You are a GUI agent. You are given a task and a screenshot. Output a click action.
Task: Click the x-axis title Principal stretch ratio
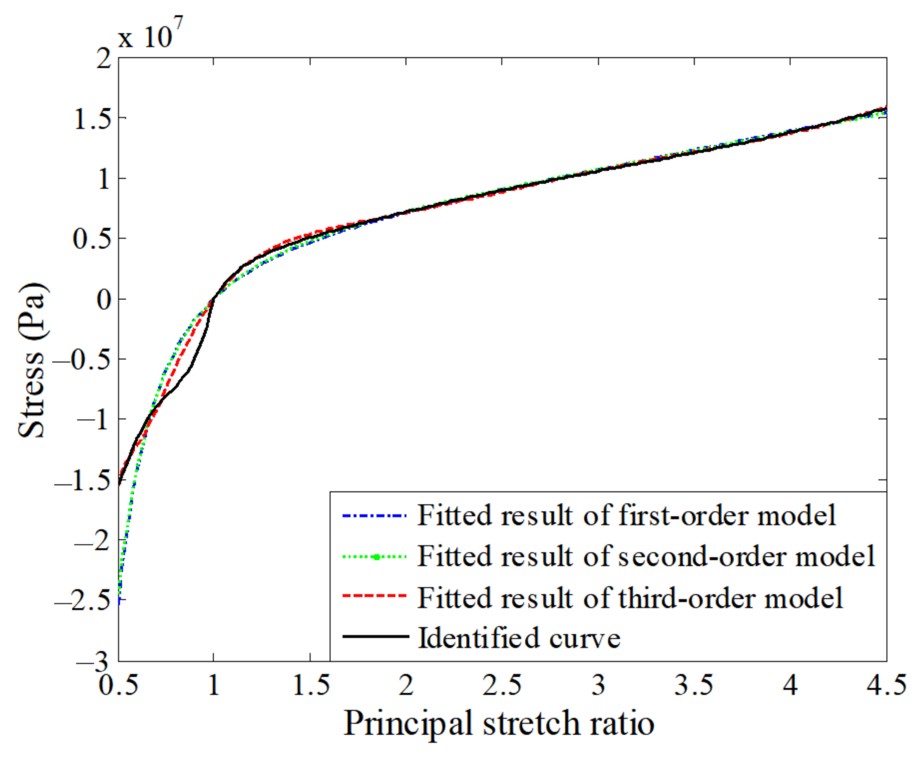[499, 723]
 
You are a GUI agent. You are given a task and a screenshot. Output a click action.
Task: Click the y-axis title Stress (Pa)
[32, 360]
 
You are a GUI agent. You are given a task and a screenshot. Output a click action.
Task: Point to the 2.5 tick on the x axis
[502, 685]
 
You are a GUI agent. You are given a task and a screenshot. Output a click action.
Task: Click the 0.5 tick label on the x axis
[119, 685]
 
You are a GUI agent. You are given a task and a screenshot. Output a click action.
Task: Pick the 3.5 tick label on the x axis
[694, 685]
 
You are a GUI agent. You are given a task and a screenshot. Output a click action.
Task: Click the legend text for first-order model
[627, 515]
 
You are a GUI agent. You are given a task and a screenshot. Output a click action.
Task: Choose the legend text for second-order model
[646, 556]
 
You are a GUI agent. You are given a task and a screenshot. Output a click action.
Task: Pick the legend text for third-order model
[630, 598]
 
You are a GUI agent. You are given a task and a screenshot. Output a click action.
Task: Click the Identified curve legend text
[519, 638]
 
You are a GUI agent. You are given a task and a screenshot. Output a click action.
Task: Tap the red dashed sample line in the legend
[374, 596]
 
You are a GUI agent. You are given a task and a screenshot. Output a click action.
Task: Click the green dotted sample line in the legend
[374, 556]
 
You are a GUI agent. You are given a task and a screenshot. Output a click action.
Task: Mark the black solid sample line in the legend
[374, 636]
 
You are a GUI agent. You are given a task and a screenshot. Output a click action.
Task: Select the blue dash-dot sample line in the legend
[374, 515]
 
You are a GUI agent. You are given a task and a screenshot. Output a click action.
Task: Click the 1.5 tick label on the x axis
[310, 685]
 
